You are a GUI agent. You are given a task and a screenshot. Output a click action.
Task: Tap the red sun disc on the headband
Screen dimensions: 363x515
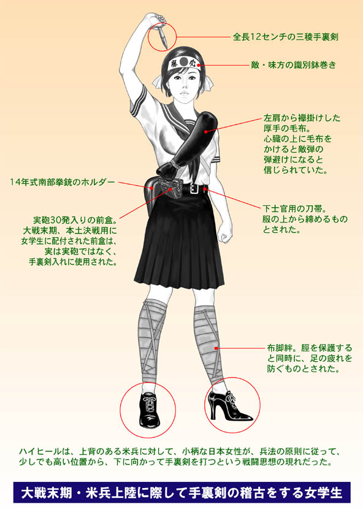pyautogui.click(x=185, y=61)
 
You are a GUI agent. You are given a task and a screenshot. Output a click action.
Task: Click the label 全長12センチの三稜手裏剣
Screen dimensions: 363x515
pyautogui.click(x=286, y=37)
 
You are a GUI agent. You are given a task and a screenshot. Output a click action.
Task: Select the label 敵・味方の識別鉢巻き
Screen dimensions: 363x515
pyautogui.click(x=294, y=65)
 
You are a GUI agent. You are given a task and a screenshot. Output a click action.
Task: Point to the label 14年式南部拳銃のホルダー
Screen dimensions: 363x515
pyautogui.click(x=63, y=182)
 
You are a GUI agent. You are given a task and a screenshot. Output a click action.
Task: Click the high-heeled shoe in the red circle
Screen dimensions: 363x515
pyautogui.click(x=229, y=405)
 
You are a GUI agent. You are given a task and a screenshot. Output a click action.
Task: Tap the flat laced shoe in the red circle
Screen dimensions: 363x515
pyautogui.click(x=148, y=409)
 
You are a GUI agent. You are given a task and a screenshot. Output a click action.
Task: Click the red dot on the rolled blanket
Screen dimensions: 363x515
pyautogui.click(x=205, y=131)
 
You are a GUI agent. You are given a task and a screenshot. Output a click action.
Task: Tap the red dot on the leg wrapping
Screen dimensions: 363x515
pyautogui.click(x=216, y=348)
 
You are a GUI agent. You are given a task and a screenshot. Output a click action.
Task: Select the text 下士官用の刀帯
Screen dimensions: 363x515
pyautogui.click(x=294, y=208)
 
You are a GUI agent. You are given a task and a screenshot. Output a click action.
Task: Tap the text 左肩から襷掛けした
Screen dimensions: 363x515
pyautogui.click(x=302, y=118)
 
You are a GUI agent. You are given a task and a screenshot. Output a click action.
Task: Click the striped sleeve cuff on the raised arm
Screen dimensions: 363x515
pyautogui.click(x=138, y=100)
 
